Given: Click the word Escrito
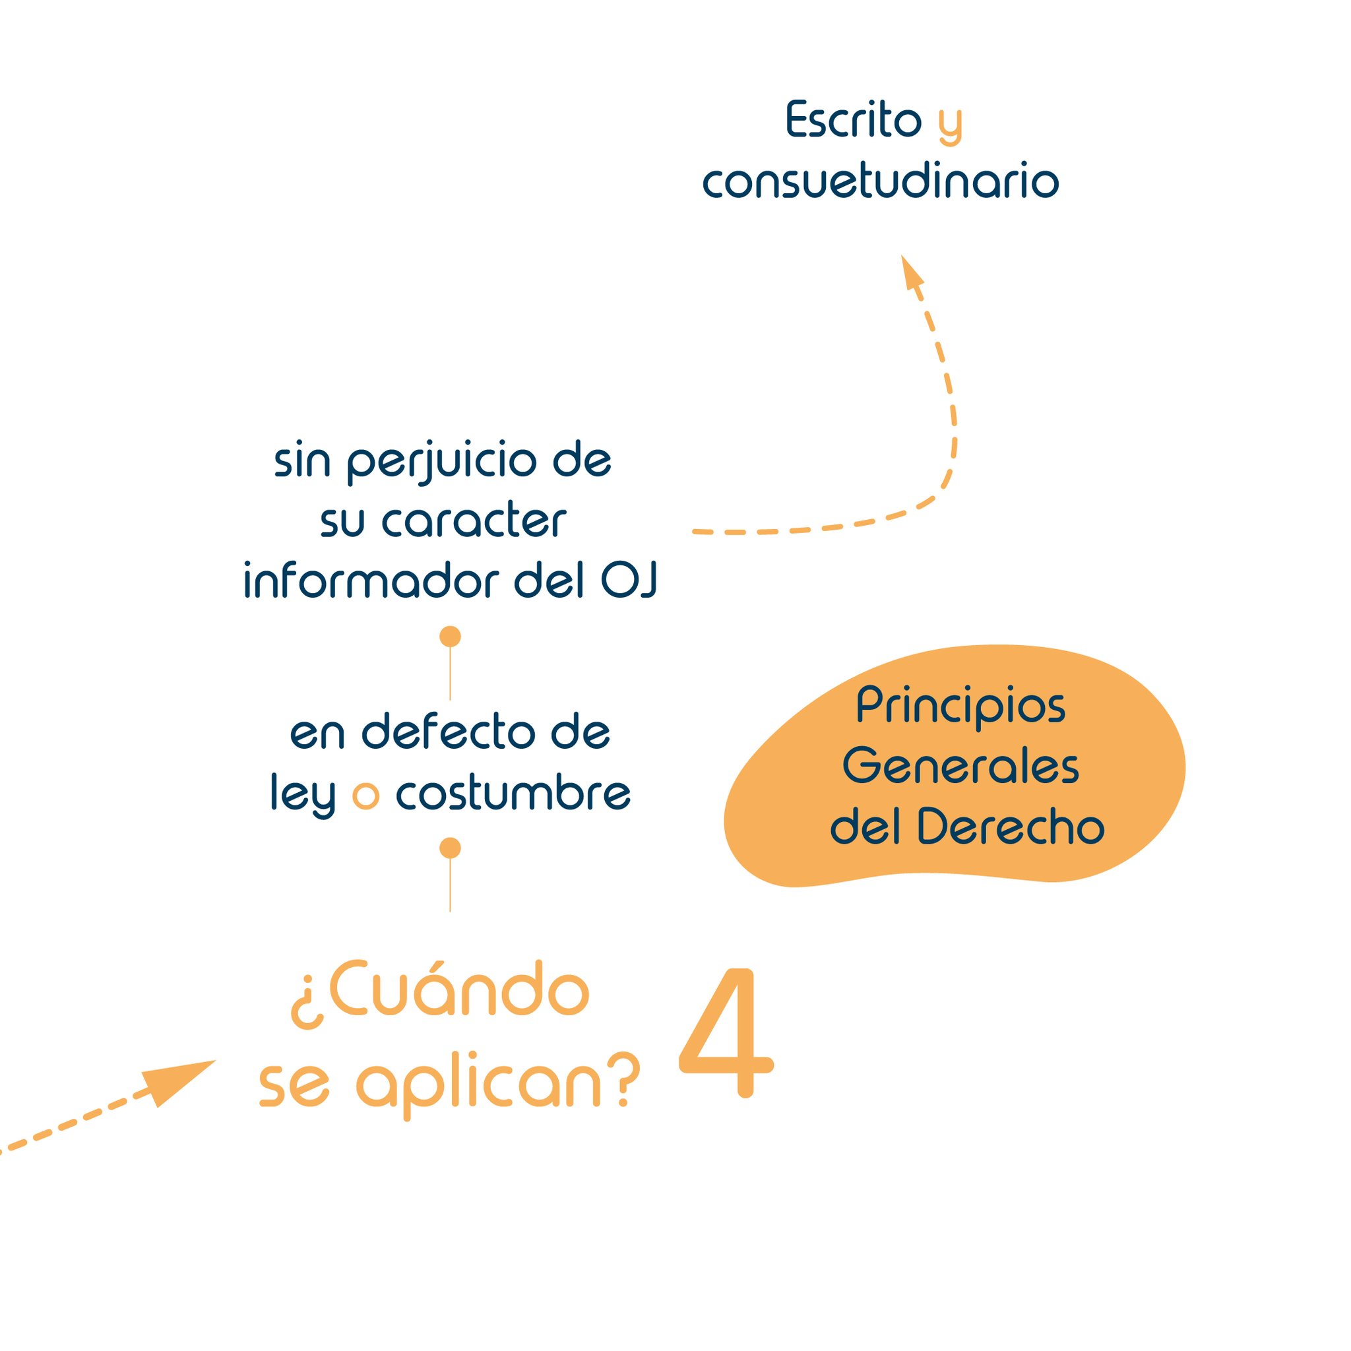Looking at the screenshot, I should click(854, 119).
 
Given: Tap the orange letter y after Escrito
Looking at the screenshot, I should click(951, 125).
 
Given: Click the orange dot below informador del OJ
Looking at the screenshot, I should click(450, 637).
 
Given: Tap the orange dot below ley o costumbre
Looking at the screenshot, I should click(450, 848).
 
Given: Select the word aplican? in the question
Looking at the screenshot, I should click(498, 1085).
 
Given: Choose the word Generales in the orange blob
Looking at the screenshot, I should click(960, 767).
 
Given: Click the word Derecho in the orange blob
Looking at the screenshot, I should click(1010, 827).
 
